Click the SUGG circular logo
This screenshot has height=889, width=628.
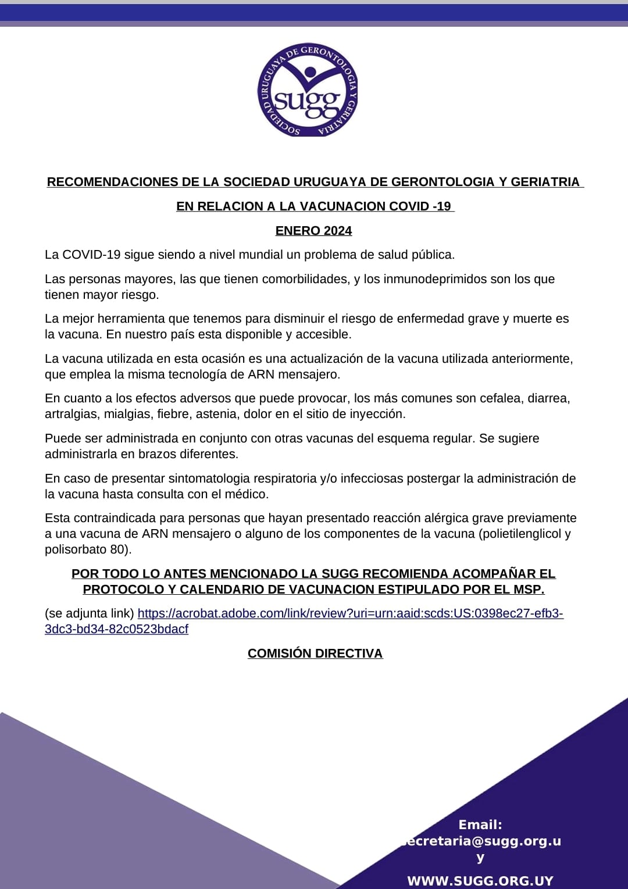[308, 90]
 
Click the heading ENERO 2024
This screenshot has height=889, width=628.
[313, 231]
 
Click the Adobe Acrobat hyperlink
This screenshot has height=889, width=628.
[350, 613]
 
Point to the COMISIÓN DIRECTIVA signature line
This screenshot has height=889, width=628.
[315, 654]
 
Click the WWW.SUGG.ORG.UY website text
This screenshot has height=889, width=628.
[480, 881]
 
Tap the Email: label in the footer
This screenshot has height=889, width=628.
[480, 824]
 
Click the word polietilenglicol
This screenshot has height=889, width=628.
[520, 534]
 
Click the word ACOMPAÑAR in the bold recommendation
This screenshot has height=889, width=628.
[496, 574]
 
